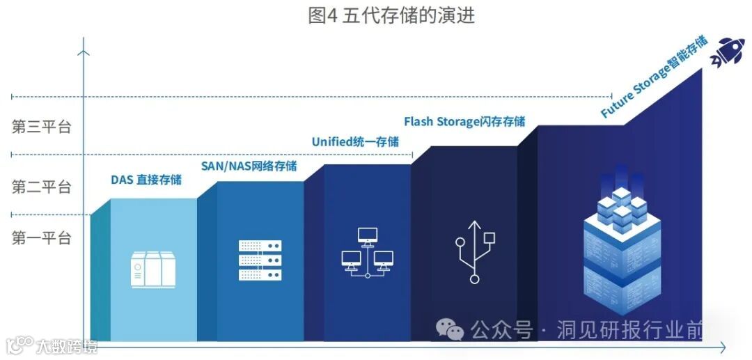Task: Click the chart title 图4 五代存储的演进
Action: tap(391, 15)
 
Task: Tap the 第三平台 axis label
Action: tap(42, 127)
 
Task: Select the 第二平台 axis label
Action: tap(42, 187)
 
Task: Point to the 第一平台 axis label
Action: tap(42, 238)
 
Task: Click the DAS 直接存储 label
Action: tap(146, 180)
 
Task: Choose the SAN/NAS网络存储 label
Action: tap(249, 166)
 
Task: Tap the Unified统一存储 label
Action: tap(355, 142)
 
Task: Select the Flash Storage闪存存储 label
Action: tap(464, 122)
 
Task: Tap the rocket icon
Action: tap(728, 53)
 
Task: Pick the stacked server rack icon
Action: tap(260, 260)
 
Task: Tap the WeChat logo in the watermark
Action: tap(450, 329)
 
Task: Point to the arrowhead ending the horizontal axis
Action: tap(722, 346)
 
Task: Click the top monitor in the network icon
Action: tap(367, 235)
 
